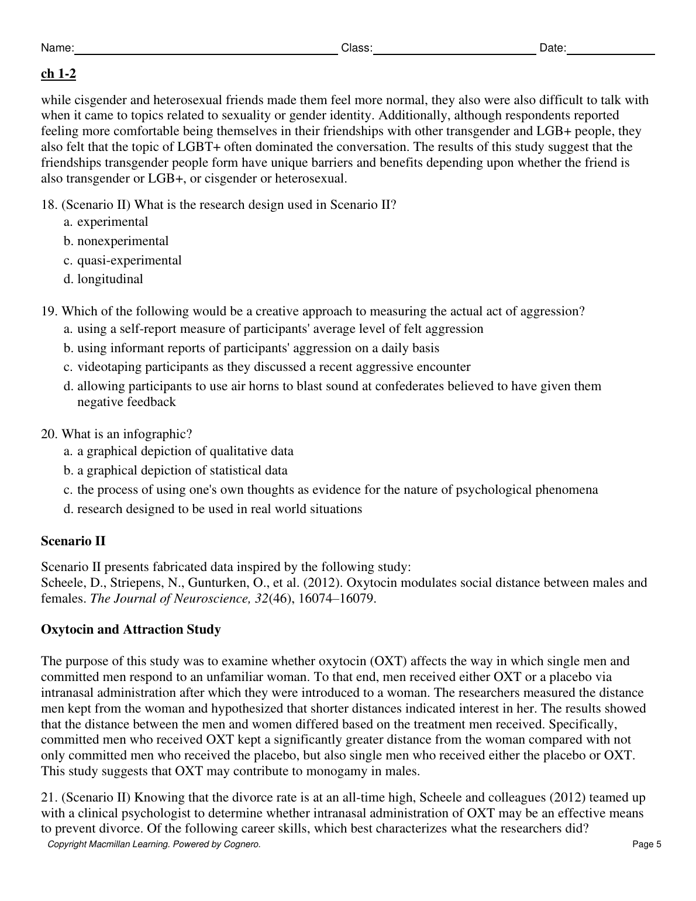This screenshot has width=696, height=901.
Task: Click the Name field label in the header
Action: coord(57,48)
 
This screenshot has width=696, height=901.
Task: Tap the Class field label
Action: coord(356,48)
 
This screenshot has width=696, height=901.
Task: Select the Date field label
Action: coord(553,48)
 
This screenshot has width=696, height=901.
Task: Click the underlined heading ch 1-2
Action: coord(58,74)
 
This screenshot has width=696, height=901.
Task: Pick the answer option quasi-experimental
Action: coord(129,260)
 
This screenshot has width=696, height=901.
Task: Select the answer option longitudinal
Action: coord(110,279)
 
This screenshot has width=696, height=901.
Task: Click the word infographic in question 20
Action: coord(155,434)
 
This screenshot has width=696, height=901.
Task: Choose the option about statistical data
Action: coord(182,470)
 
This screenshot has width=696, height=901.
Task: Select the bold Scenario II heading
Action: coord(73,541)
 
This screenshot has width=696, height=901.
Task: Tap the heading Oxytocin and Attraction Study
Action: coord(131,630)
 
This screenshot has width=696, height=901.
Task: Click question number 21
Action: coord(49,797)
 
